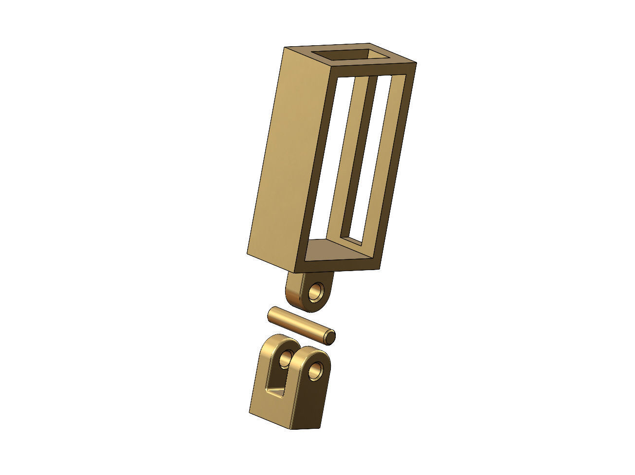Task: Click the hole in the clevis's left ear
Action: (x=285, y=361)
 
